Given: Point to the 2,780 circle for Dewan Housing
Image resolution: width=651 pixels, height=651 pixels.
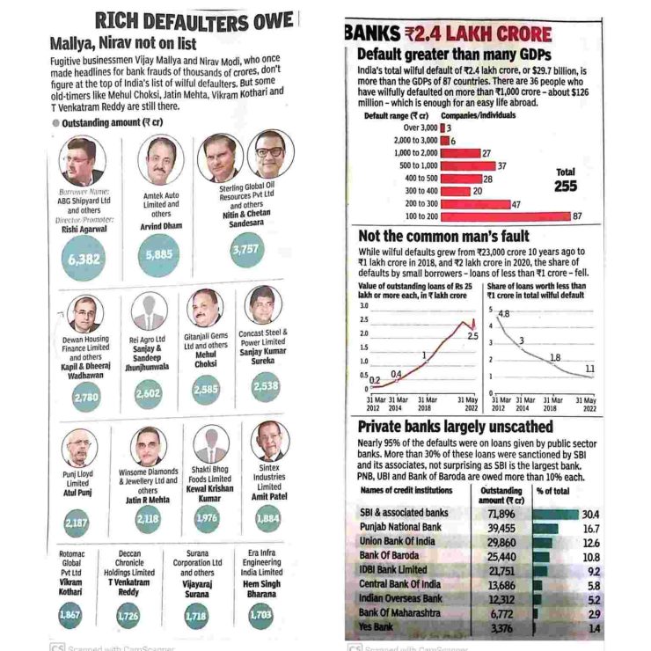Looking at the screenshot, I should point(85,397).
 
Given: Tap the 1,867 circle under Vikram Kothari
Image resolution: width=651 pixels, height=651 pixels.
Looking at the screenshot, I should point(69,615).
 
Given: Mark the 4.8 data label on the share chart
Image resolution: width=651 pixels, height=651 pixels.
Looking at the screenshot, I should point(504,313).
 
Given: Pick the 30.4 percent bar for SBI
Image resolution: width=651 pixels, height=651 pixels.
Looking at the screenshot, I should point(556,513).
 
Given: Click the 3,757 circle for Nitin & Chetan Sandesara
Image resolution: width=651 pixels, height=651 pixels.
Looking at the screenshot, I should point(247,251).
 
